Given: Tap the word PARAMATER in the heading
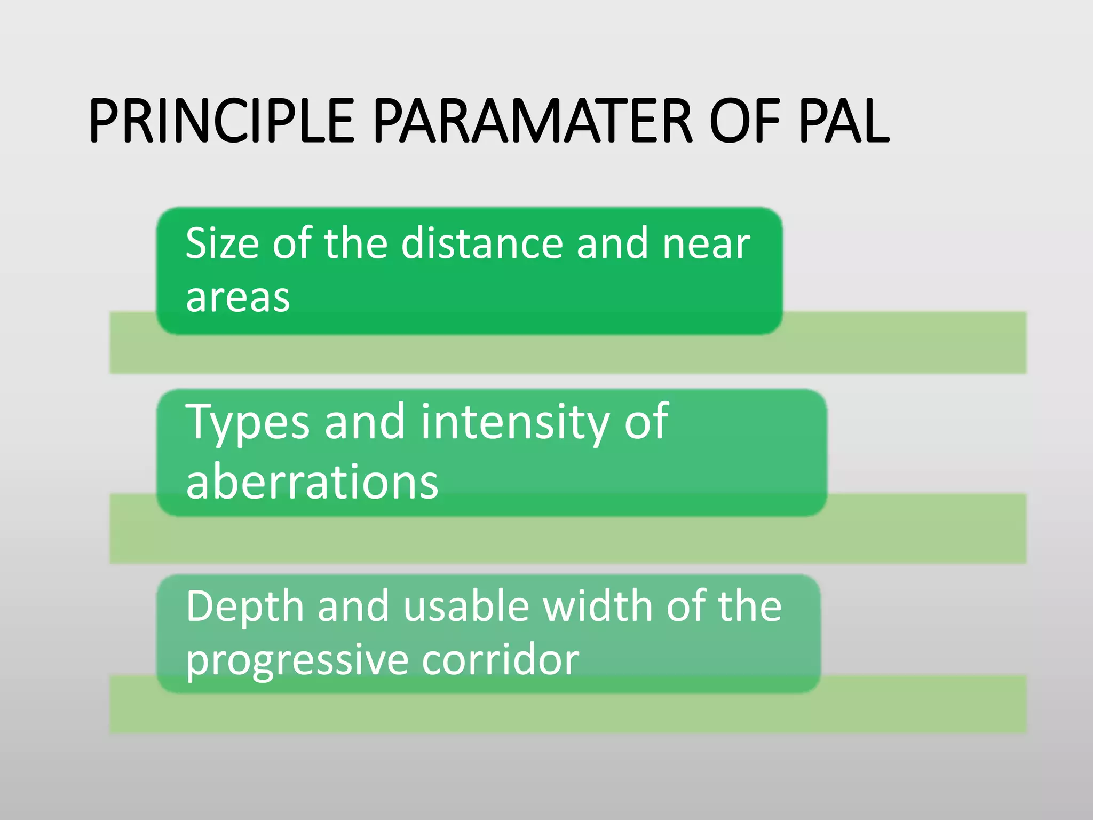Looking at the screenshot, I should click(532, 121).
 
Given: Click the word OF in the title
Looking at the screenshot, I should click(745, 121).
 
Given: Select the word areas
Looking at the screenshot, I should click(238, 298).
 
